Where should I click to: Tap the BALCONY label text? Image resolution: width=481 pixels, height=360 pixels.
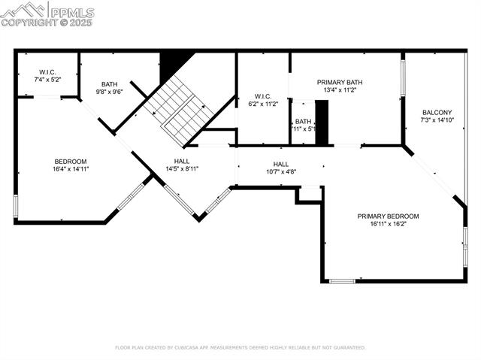point(437,112)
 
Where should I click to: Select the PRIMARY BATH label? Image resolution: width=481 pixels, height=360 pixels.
point(340,82)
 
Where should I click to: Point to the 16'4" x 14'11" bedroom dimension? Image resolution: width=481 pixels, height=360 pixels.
point(71,169)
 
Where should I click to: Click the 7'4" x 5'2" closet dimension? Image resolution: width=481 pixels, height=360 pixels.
point(47,79)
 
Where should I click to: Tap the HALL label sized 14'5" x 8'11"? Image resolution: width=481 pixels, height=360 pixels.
point(182,161)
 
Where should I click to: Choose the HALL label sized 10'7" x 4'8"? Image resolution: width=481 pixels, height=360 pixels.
point(280,164)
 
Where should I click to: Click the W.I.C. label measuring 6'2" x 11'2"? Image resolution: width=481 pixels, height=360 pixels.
point(262,95)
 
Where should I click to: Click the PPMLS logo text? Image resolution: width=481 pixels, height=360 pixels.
point(72,12)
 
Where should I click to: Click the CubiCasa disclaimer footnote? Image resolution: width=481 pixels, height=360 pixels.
point(240,347)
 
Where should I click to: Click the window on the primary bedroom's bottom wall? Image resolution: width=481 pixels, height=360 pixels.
point(342,281)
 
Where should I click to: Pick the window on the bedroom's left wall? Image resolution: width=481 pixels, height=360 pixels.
point(15,206)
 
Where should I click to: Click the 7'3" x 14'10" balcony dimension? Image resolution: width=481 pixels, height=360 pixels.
point(437,119)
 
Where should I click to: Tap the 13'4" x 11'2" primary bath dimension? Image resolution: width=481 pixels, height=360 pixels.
point(340,89)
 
